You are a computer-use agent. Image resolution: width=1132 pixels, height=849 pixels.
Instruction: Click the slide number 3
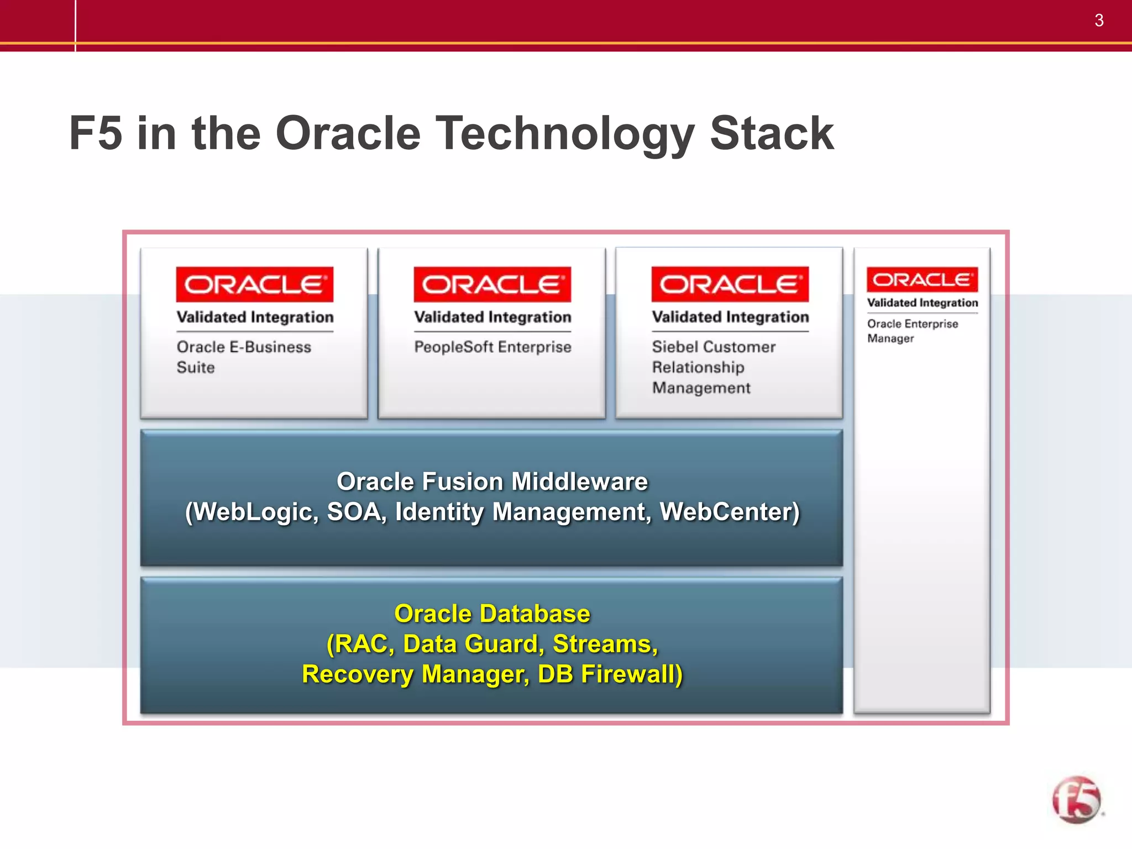pos(1099,20)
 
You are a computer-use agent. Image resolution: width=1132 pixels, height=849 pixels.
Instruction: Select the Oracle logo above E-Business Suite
pos(254,284)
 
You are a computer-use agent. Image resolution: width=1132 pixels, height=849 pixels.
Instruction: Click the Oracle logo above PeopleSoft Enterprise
pos(492,284)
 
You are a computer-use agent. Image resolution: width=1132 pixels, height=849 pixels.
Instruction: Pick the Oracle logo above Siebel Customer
pos(730,284)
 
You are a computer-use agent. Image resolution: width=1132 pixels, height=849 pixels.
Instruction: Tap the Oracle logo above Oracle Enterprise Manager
pos(922,280)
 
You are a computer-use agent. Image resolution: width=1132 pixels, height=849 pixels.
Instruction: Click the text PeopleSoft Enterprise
pos(492,347)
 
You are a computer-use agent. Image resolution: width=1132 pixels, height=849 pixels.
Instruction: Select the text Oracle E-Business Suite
pos(243,357)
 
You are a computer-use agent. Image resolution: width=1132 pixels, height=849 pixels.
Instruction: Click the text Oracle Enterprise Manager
pos(912,331)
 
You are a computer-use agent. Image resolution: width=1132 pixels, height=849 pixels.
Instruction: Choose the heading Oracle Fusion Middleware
pos(492,481)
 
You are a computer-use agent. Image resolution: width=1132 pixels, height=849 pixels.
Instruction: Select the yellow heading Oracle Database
pos(492,614)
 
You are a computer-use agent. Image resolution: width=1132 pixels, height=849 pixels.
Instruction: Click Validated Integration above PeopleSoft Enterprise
pos(492,317)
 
